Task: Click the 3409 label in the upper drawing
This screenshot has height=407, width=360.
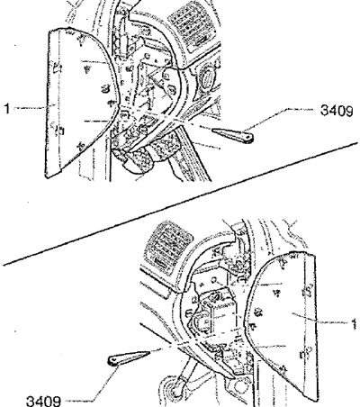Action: pyautogui.click(x=337, y=111)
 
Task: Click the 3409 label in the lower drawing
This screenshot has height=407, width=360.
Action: pyautogui.click(x=44, y=401)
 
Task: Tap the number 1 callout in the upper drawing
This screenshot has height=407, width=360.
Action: pyautogui.click(x=7, y=108)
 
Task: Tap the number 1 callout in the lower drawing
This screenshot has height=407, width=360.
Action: pyautogui.click(x=355, y=324)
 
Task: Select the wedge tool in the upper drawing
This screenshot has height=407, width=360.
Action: pyautogui.click(x=232, y=135)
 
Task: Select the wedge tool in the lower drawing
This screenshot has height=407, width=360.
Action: pyautogui.click(x=129, y=358)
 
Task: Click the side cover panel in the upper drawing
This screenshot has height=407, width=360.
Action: pyautogui.click(x=78, y=102)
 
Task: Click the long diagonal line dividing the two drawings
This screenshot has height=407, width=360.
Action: pyautogui.click(x=180, y=204)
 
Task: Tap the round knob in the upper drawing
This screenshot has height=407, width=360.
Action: pyautogui.click(x=208, y=78)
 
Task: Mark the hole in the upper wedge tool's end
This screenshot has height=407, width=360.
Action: pyautogui.click(x=247, y=138)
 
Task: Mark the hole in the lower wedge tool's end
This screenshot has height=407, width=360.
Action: pyautogui.click(x=113, y=361)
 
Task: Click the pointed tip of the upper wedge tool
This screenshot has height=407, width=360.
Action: pyautogui.click(x=212, y=131)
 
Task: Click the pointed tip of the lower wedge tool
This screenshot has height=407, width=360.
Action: pyautogui.click(x=149, y=352)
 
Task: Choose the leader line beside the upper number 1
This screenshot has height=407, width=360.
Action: pyautogui.click(x=30, y=108)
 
